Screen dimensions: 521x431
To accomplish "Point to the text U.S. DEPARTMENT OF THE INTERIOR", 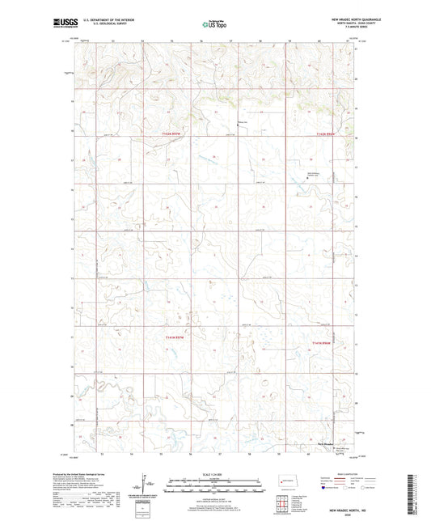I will coord(104,19).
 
